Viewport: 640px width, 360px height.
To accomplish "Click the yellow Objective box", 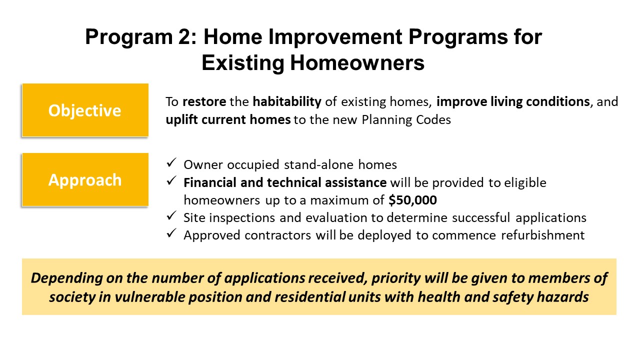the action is pos(85,110).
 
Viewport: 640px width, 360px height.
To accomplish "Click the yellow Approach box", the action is pos(85,179).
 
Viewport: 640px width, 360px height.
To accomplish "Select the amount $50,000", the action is pos(412,200).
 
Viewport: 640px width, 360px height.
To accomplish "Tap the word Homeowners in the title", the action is pos(357,63).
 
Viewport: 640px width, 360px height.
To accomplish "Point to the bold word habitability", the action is pos(287,101).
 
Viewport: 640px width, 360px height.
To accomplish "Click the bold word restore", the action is pos(204,102).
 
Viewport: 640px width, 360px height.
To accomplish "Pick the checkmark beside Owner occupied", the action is pos(171,163).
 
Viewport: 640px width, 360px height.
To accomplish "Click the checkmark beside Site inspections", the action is pos(171,215).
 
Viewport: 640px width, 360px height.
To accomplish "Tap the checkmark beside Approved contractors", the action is pos(171,233).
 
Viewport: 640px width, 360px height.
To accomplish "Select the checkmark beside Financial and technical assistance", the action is pos(171,180).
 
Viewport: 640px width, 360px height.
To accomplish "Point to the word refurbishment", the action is pos(543,235).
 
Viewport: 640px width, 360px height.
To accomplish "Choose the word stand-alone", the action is pos(319,165).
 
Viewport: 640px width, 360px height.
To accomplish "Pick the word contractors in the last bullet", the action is pos(277,235).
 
